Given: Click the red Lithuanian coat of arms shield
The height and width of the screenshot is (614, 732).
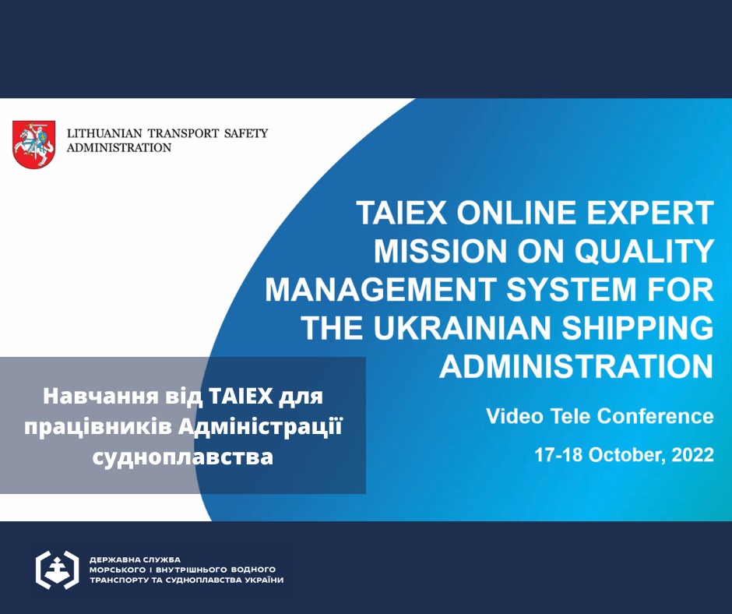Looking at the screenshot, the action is click(x=33, y=144).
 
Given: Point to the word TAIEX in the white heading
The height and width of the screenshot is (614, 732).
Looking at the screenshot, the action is click(x=402, y=213).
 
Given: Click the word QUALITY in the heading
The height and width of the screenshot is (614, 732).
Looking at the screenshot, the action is click(x=644, y=251).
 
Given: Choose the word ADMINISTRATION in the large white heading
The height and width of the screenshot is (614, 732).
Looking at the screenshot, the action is click(x=576, y=366).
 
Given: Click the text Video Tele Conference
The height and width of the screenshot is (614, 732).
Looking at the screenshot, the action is click(x=600, y=416).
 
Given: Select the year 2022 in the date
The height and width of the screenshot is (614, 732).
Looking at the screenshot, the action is click(x=693, y=455).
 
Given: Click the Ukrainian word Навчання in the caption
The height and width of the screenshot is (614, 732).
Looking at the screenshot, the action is click(x=102, y=397).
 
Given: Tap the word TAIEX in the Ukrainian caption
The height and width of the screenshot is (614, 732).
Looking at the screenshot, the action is click(x=241, y=397).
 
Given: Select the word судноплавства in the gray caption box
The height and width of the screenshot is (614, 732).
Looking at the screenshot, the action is click(x=182, y=457).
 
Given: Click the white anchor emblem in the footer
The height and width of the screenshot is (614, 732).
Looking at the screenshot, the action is click(x=57, y=570).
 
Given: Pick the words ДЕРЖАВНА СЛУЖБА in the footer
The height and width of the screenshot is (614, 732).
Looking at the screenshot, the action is click(x=135, y=559).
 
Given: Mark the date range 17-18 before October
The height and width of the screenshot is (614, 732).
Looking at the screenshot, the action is click(x=558, y=455).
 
